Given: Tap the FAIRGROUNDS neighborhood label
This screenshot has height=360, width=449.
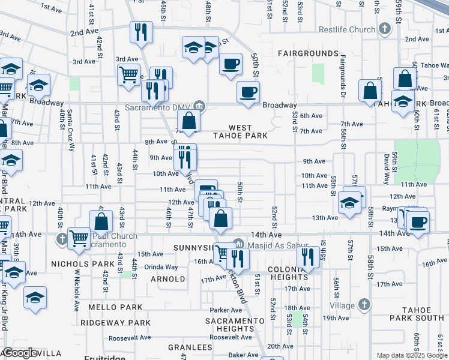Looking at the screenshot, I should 309,53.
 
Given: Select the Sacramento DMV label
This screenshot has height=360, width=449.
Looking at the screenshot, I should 161,108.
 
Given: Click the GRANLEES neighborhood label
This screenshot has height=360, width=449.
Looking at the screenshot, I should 190,347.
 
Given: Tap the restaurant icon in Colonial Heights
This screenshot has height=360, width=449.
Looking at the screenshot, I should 307,258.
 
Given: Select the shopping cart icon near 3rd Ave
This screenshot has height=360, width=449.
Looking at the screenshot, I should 129,76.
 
